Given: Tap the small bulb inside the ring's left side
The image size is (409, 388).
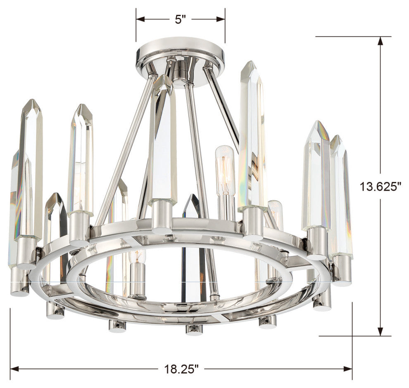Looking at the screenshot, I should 136,272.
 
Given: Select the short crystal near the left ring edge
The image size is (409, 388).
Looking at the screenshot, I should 56,231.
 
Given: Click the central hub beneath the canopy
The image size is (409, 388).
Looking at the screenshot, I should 180,72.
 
